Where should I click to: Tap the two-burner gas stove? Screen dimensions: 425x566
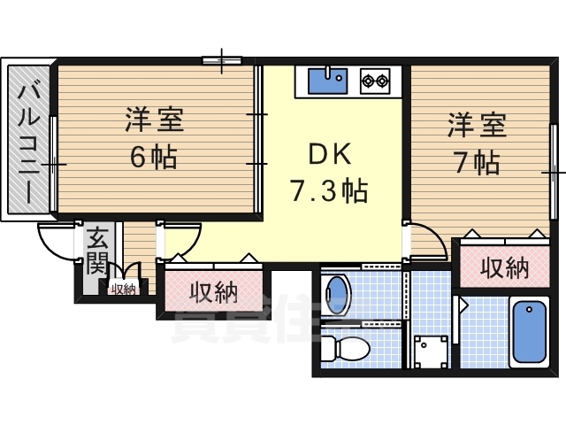376,81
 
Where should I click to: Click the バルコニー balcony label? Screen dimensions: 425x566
27,142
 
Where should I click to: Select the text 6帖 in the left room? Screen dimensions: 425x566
152,157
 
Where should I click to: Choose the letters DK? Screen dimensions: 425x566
329,154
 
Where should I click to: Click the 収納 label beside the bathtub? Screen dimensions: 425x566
504,268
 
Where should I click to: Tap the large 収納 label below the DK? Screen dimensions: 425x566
213,292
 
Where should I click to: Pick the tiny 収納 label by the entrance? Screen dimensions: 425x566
123,288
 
